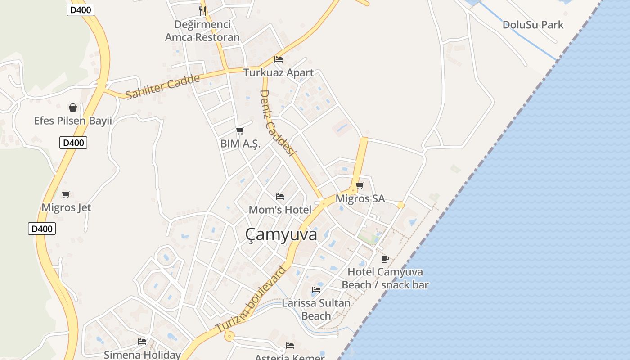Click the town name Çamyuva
coord(281,234)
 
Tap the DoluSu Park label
coord(533,25)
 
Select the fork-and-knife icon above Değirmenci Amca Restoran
coord(202,11)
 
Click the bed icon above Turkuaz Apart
coord(279,59)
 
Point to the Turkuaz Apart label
coord(279,72)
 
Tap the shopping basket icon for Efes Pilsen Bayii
coord(73,108)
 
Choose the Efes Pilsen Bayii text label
coord(73,121)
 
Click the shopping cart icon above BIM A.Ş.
coord(240,130)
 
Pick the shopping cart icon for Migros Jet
coord(66,194)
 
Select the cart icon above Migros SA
coord(360,185)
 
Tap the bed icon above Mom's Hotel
coord(280,197)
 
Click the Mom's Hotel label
coord(280,210)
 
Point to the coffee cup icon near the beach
coord(385,259)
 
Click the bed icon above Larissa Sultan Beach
coord(316,290)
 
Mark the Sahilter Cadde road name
coord(162,87)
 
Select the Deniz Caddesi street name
coord(277,123)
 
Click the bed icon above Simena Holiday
coord(142,342)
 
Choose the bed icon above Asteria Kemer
coord(290,346)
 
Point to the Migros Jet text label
coord(66,207)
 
